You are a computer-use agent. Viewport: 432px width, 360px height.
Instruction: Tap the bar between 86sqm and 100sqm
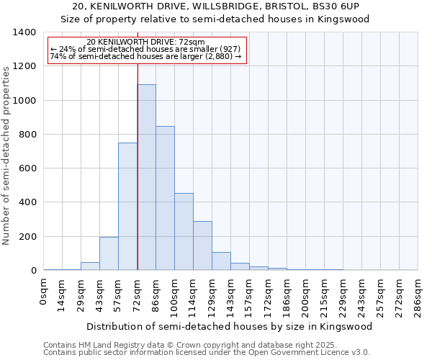point(165,198)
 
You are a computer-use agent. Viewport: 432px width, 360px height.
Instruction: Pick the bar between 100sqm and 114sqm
point(184,232)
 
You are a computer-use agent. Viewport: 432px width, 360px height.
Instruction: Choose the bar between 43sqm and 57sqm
point(109,253)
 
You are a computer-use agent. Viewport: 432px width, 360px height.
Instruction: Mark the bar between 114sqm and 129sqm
point(202,246)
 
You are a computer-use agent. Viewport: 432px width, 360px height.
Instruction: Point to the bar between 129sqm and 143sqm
point(221,261)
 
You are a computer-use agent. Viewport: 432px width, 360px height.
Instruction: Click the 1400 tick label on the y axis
point(24,32)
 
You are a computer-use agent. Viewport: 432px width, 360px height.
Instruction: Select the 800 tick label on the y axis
point(27,135)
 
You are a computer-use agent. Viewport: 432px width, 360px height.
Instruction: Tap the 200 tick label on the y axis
point(27,237)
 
